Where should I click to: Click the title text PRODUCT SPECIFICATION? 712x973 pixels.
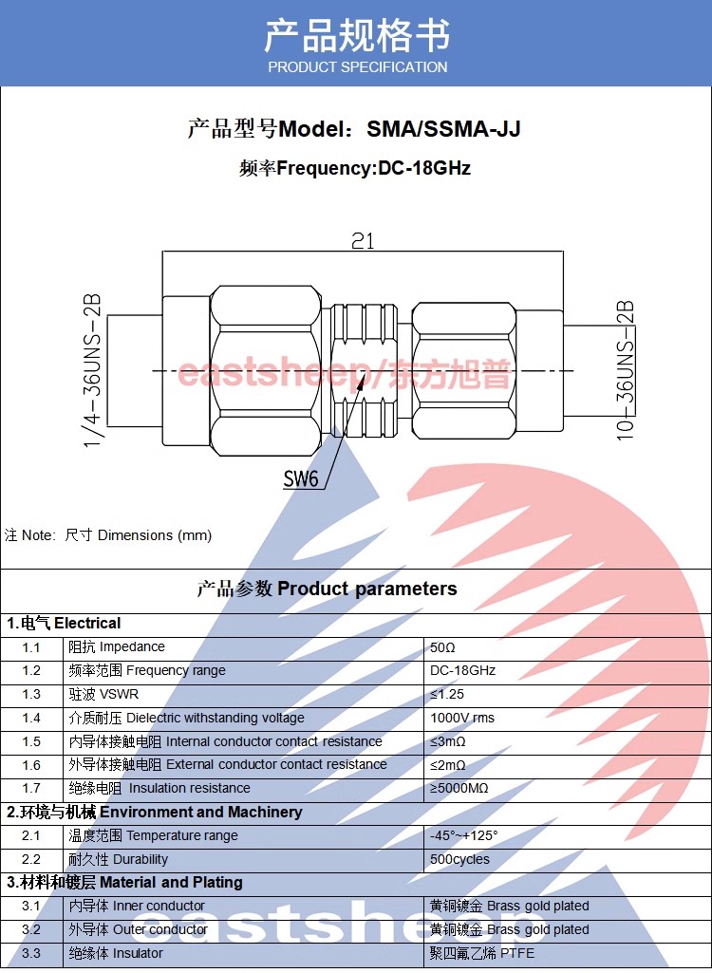pos(357,67)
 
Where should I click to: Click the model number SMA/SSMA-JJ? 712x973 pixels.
pos(443,129)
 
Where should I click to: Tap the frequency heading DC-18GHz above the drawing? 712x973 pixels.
pos(424,169)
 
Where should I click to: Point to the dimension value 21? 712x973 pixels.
pos(363,241)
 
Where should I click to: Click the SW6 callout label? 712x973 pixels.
pos(301,478)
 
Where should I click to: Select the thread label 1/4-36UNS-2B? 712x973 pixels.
pos(93,370)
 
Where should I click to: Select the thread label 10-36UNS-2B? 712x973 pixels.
pos(625,370)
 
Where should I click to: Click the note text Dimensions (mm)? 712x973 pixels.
pos(155,535)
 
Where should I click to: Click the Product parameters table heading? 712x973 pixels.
pos(366,589)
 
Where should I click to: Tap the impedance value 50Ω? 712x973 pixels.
pos(443,647)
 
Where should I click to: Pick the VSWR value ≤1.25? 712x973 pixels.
pos(448,695)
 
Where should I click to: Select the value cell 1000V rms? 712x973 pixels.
pos(462,719)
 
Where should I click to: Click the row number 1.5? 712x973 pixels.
pos(31,742)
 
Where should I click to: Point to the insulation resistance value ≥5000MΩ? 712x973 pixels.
pos(459,789)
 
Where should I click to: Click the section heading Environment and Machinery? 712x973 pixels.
pos(200,813)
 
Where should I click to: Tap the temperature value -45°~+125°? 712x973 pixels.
pos(464,836)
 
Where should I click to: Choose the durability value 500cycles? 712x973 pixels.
pos(460,860)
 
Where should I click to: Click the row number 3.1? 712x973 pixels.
pos(31,907)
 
